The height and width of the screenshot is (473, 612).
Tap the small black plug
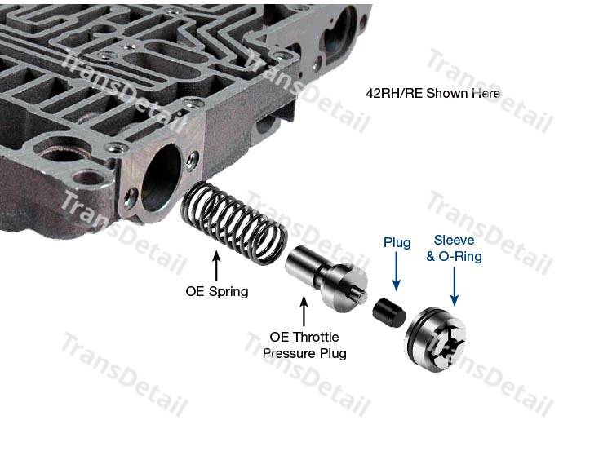[389, 312]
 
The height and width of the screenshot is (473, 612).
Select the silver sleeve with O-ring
[436, 339]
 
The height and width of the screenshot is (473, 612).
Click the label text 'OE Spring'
[216, 291]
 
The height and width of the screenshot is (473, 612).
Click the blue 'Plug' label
[397, 242]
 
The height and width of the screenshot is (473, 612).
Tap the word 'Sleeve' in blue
[454, 240]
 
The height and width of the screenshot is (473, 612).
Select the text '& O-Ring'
[454, 256]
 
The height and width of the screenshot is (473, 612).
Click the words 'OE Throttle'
[304, 337]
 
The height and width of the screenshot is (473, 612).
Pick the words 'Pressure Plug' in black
[304, 353]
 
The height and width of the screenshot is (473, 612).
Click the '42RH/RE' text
[394, 93]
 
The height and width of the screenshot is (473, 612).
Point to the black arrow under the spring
[217, 267]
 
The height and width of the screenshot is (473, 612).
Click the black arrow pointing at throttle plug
[304, 311]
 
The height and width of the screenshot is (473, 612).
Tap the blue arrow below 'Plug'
[397, 272]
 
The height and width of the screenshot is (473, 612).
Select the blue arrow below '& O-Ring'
[455, 286]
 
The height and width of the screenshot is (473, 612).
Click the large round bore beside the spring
[162, 178]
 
